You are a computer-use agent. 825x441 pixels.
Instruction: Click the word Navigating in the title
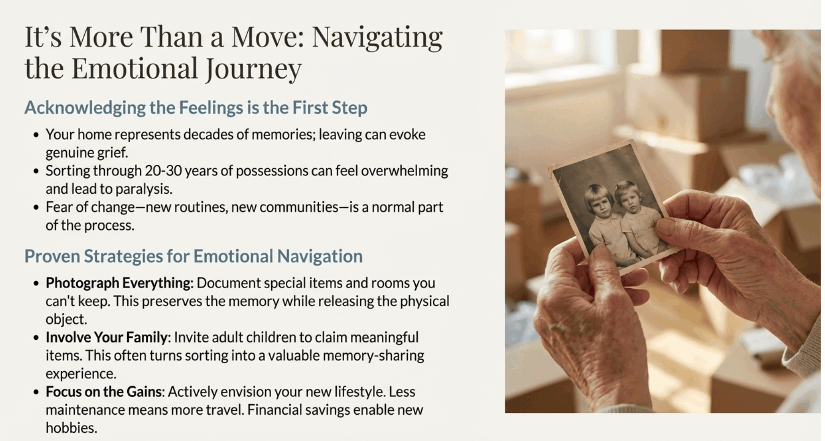pos(377,37)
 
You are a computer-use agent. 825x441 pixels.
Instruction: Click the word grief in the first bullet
pos(113,153)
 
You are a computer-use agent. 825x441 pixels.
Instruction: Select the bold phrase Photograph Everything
pos(119,283)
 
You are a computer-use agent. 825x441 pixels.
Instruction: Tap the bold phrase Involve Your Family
pos(106,337)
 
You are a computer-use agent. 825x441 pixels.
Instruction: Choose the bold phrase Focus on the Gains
pos(104,392)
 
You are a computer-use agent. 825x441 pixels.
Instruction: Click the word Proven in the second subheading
pos(52,256)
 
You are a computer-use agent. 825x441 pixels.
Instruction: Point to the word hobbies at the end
pos(71,428)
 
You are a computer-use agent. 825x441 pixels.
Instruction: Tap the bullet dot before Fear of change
pos(36,207)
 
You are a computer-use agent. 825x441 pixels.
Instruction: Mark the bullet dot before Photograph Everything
pos(36,283)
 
